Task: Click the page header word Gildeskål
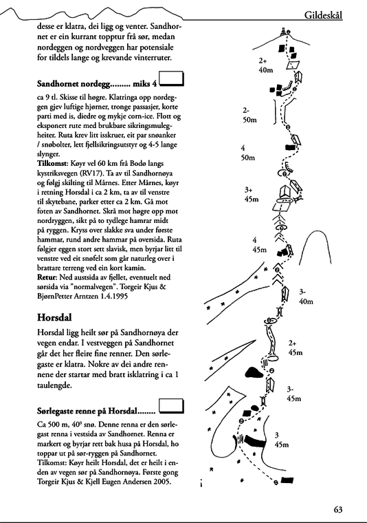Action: click(x=323, y=15)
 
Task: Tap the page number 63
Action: click(x=338, y=509)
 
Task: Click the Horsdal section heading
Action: click(x=54, y=317)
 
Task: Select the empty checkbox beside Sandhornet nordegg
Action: click(x=171, y=78)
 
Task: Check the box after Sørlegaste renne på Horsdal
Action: click(x=171, y=406)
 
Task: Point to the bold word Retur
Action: click(x=48, y=277)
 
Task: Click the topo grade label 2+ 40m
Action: click(x=266, y=65)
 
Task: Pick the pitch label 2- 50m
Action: click(x=249, y=115)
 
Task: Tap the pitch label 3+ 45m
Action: click(x=252, y=195)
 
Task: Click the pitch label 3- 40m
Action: click(x=306, y=297)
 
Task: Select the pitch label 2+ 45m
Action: click(x=296, y=348)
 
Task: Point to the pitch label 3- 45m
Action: click(x=293, y=394)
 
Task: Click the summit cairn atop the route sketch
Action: click(x=283, y=33)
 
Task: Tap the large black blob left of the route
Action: click(x=254, y=372)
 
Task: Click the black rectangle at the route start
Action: click(x=287, y=480)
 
